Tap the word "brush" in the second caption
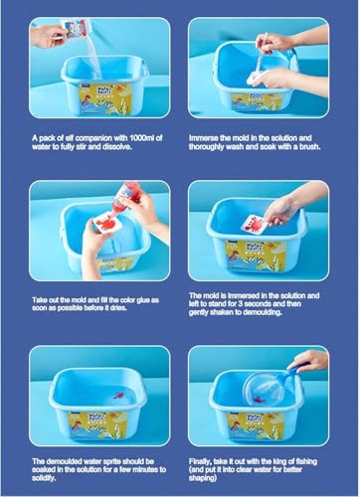pos(309,146)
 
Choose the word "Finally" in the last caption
pos(200,461)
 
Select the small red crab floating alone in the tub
pos(117,396)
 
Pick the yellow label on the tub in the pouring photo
pos(105,98)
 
